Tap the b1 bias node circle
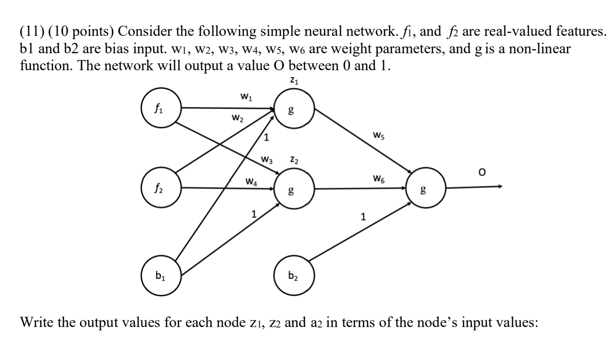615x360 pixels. coord(161,276)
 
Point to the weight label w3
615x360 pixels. coord(267,159)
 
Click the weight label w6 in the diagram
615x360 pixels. coord(379,178)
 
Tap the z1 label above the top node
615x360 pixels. coord(294,82)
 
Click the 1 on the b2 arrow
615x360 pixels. coord(362,217)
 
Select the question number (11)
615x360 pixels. coord(32,32)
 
